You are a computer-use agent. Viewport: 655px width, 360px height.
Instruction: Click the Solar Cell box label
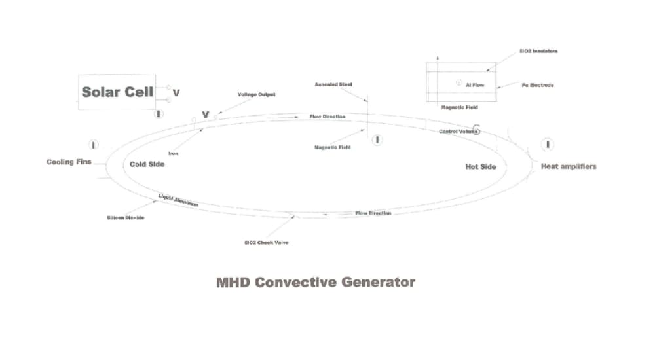pyautogui.click(x=117, y=92)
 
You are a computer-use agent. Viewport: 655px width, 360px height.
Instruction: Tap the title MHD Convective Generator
pyautogui.click(x=315, y=282)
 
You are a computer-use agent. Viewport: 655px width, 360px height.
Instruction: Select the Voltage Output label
pyautogui.click(x=256, y=94)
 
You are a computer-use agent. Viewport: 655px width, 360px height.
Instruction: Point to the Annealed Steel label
pyautogui.click(x=333, y=84)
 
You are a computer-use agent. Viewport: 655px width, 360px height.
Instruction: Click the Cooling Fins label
pyautogui.click(x=69, y=162)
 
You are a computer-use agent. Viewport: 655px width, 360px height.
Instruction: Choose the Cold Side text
pyautogui.click(x=147, y=164)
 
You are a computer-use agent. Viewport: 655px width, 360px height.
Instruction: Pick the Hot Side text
pyautogui.click(x=480, y=166)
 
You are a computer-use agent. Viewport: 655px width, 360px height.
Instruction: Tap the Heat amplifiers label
pyautogui.click(x=568, y=166)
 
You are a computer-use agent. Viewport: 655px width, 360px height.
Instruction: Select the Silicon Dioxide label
pyautogui.click(x=125, y=217)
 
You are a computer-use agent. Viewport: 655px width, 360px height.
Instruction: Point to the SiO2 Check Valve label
pyautogui.click(x=266, y=242)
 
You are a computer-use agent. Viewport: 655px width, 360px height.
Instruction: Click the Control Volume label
pyautogui.click(x=458, y=132)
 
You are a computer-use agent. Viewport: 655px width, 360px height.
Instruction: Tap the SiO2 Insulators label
pyautogui.click(x=538, y=51)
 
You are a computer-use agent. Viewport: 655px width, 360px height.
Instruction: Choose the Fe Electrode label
pyautogui.click(x=537, y=85)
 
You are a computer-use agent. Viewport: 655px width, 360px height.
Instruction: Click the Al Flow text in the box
pyautogui.click(x=475, y=85)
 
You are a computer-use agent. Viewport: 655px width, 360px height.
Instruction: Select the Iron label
pyautogui.click(x=174, y=153)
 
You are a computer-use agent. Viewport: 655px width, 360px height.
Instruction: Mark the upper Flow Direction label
pyautogui.click(x=327, y=117)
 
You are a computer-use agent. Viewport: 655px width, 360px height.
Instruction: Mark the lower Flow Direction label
pyautogui.click(x=373, y=213)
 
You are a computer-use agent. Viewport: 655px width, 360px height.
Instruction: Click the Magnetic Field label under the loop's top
pyautogui.click(x=333, y=147)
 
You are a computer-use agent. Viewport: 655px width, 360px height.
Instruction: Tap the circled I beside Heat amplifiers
pyautogui.click(x=548, y=144)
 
